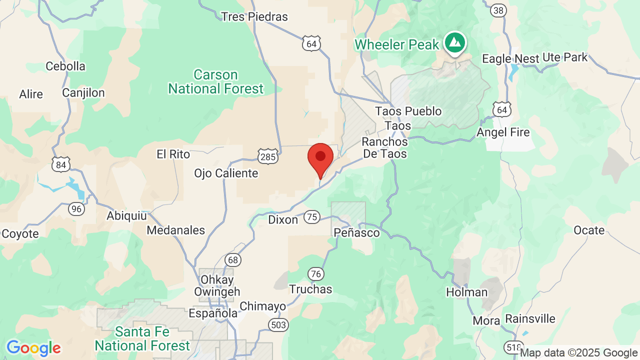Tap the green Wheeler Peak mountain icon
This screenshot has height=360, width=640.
[454, 42]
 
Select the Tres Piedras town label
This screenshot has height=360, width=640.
[254, 16]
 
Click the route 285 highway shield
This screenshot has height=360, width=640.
[268, 157]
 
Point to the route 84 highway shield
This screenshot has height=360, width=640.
[60, 164]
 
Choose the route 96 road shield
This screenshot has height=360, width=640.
[76, 208]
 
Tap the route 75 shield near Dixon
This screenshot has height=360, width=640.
[312, 216]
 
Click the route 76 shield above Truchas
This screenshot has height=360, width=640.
[315, 273]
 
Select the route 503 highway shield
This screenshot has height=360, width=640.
[278, 325]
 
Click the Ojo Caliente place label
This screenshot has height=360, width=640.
[226, 173]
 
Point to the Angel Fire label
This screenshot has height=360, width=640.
[503, 132]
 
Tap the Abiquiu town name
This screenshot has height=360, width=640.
[127, 216]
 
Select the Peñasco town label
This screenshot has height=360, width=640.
[356, 233]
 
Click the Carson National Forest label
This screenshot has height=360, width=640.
[215, 82]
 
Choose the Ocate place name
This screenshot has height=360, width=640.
[589, 230]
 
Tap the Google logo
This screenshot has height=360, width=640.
[33, 348]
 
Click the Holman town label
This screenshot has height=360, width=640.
[467, 292]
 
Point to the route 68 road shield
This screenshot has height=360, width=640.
[232, 259]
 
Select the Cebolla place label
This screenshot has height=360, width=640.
[65, 66]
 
